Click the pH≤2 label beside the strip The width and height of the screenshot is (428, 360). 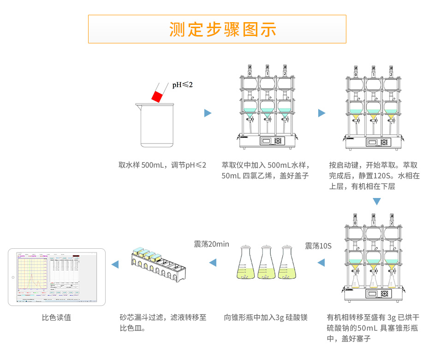pyautogui.click(x=183, y=85)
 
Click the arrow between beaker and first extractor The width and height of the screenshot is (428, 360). pyautogui.click(x=208, y=113)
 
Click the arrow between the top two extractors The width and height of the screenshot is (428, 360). pyautogui.click(x=321, y=113)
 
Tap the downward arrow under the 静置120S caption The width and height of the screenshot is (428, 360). pyautogui.click(x=377, y=202)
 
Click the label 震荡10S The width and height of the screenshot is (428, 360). pyautogui.click(x=318, y=246)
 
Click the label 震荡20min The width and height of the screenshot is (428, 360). pyautogui.click(x=211, y=244)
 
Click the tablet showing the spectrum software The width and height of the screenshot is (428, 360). pyautogui.click(x=57, y=277)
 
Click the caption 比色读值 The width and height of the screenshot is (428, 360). pyautogui.click(x=56, y=318)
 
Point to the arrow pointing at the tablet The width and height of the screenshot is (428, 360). pyautogui.click(x=115, y=264)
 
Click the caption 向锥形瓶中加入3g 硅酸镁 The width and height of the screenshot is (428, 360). pyautogui.click(x=265, y=318)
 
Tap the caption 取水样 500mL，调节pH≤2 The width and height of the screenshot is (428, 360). pyautogui.click(x=162, y=165)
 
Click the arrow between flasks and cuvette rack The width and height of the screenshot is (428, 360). pyautogui.click(x=213, y=263)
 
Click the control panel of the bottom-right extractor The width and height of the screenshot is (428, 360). pyautogui.click(x=377, y=294)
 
